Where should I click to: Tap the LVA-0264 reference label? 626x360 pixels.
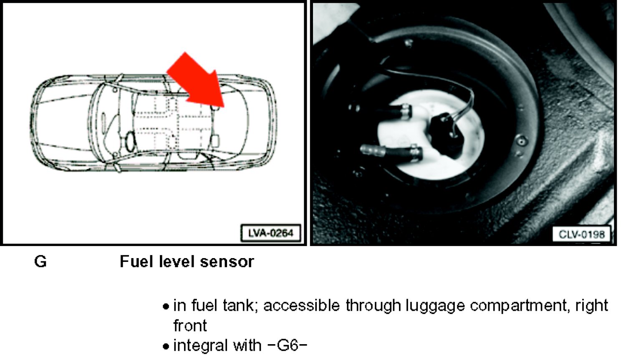coord(271,233)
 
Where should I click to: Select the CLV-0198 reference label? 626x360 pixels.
coord(582,234)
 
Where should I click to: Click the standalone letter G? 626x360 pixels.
coord(40,262)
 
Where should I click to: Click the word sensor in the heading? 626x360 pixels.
coord(227,262)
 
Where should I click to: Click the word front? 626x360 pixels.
coord(190,325)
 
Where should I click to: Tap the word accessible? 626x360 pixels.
coord(302,305)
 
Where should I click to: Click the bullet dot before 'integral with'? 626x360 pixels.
coord(166,346)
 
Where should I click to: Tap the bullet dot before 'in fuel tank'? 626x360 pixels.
coord(166,307)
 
